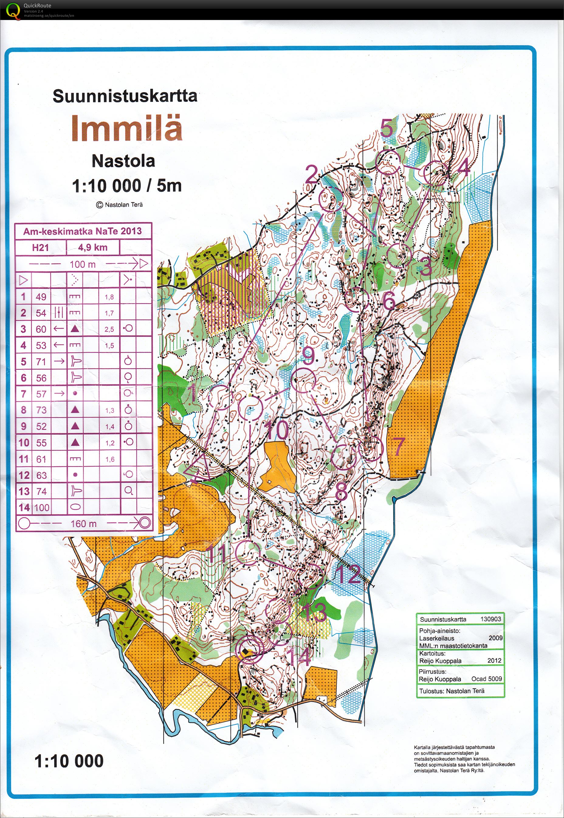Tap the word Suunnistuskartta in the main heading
(125, 96)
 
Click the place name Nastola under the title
(123, 161)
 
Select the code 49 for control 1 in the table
(41, 297)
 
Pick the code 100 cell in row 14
(42, 507)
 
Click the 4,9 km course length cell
(93, 247)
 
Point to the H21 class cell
(40, 248)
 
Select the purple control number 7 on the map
(398, 446)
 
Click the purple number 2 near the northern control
(312, 174)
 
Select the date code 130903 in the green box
(490, 619)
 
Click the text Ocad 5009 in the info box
(487, 679)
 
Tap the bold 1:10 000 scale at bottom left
(69, 761)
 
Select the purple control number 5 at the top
(387, 128)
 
